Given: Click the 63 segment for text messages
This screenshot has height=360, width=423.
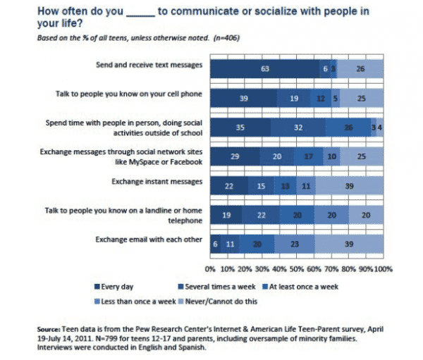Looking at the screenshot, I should click(x=265, y=69).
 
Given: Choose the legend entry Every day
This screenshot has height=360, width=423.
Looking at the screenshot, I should click(x=115, y=286).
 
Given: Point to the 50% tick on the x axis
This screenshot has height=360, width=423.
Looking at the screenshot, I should click(x=297, y=269).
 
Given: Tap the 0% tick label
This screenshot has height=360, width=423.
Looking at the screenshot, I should click(x=209, y=269).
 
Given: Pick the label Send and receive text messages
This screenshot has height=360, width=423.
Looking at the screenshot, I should click(x=149, y=65).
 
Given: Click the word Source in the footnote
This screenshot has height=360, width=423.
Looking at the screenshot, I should click(x=50, y=328).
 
